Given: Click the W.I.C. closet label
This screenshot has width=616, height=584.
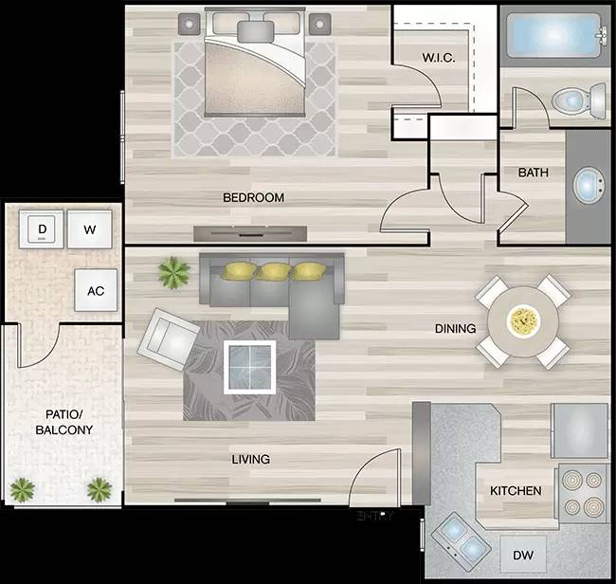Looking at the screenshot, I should tap(439, 59).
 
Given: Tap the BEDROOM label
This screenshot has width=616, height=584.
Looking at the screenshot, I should tap(253, 198).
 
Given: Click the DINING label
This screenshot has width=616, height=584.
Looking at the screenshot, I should tap(455, 329).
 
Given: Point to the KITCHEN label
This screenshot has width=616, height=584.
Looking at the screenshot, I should tap(516, 491).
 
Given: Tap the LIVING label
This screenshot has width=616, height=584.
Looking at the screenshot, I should tap(251, 460).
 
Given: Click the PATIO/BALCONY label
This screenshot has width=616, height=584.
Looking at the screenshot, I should tap(64, 422).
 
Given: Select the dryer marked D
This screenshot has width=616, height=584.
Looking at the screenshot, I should tap(42, 229).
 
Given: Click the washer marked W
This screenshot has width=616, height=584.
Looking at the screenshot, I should tap(89, 229).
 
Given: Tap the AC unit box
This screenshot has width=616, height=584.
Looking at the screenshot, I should tap(96, 291).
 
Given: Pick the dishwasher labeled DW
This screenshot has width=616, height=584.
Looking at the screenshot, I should tap(523, 556).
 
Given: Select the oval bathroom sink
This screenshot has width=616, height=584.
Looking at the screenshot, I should tap(590, 184).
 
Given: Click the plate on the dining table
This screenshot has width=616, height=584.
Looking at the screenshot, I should tap(522, 320).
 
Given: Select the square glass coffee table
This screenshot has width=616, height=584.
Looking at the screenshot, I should tap(250, 366).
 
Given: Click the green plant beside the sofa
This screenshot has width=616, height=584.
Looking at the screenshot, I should tap(174, 273).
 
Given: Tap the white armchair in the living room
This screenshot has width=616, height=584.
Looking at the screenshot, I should tap(169, 338).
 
